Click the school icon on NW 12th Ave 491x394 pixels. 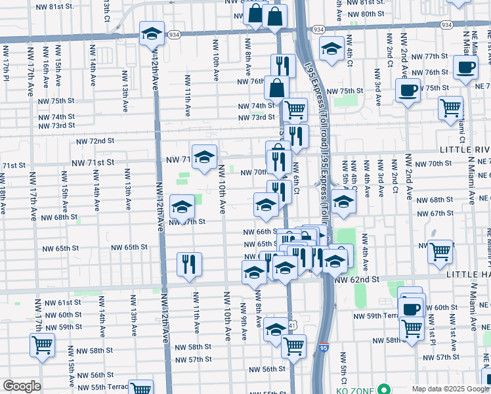[152, 33]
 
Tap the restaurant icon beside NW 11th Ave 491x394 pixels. [189, 264]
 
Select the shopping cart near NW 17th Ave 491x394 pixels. [42, 345]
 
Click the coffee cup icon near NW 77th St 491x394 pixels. [465, 66]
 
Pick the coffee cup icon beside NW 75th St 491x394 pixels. [408, 90]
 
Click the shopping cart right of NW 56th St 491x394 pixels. [293, 345]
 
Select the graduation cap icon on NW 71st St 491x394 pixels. [204, 157]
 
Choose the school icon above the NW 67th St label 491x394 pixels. [182, 208]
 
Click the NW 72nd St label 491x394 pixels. [95, 141]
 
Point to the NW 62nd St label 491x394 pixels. [357, 279]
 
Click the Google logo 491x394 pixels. [22, 386]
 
